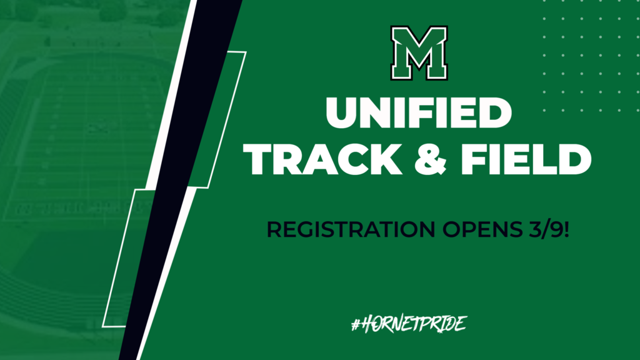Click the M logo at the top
[x=418, y=53]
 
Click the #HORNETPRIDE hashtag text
[x=410, y=324]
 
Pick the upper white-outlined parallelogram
[x=219, y=119]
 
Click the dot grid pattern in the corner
[x=587, y=62]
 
